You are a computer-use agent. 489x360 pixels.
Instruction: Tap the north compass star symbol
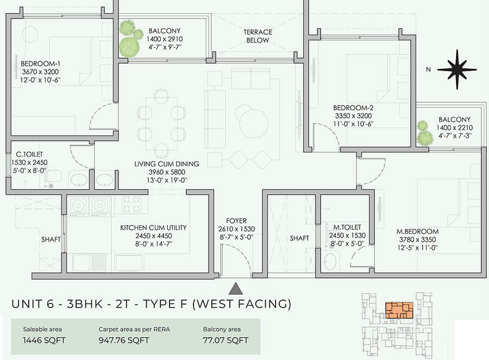tap(456, 69)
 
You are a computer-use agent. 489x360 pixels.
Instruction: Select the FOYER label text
tap(237, 221)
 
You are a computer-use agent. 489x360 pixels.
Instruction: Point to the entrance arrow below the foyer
tap(235, 288)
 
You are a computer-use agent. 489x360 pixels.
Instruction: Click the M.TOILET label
tap(347, 227)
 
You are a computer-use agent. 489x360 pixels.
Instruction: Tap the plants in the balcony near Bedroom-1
tap(129, 39)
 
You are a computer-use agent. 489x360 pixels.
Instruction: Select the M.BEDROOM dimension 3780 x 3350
tap(417, 240)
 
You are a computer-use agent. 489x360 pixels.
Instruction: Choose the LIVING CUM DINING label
tap(167, 164)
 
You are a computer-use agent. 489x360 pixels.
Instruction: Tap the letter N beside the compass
tap(428, 69)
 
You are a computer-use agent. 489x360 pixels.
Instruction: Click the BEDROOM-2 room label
tap(353, 108)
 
